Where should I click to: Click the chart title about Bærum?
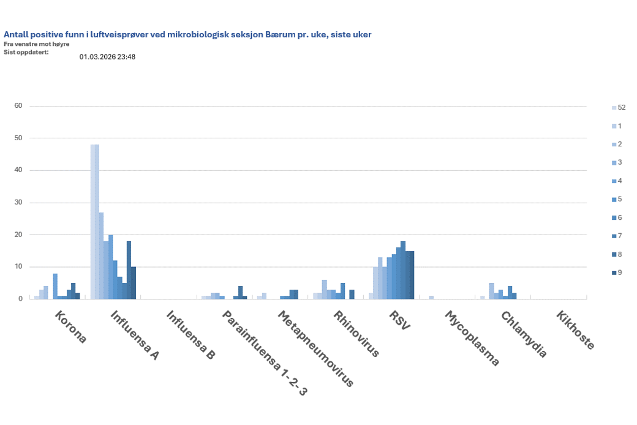click(187, 35)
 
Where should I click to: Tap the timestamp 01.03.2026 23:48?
click(107, 57)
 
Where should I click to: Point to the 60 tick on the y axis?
click(18, 106)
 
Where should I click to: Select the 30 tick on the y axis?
click(18, 203)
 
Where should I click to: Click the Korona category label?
click(71, 327)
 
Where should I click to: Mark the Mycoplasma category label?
click(472, 338)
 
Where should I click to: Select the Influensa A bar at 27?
click(101, 255)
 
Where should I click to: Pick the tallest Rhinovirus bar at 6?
click(324, 289)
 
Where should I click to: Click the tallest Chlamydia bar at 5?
click(491, 291)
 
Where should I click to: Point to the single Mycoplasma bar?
click(431, 298)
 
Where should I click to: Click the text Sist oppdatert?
click(26, 51)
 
